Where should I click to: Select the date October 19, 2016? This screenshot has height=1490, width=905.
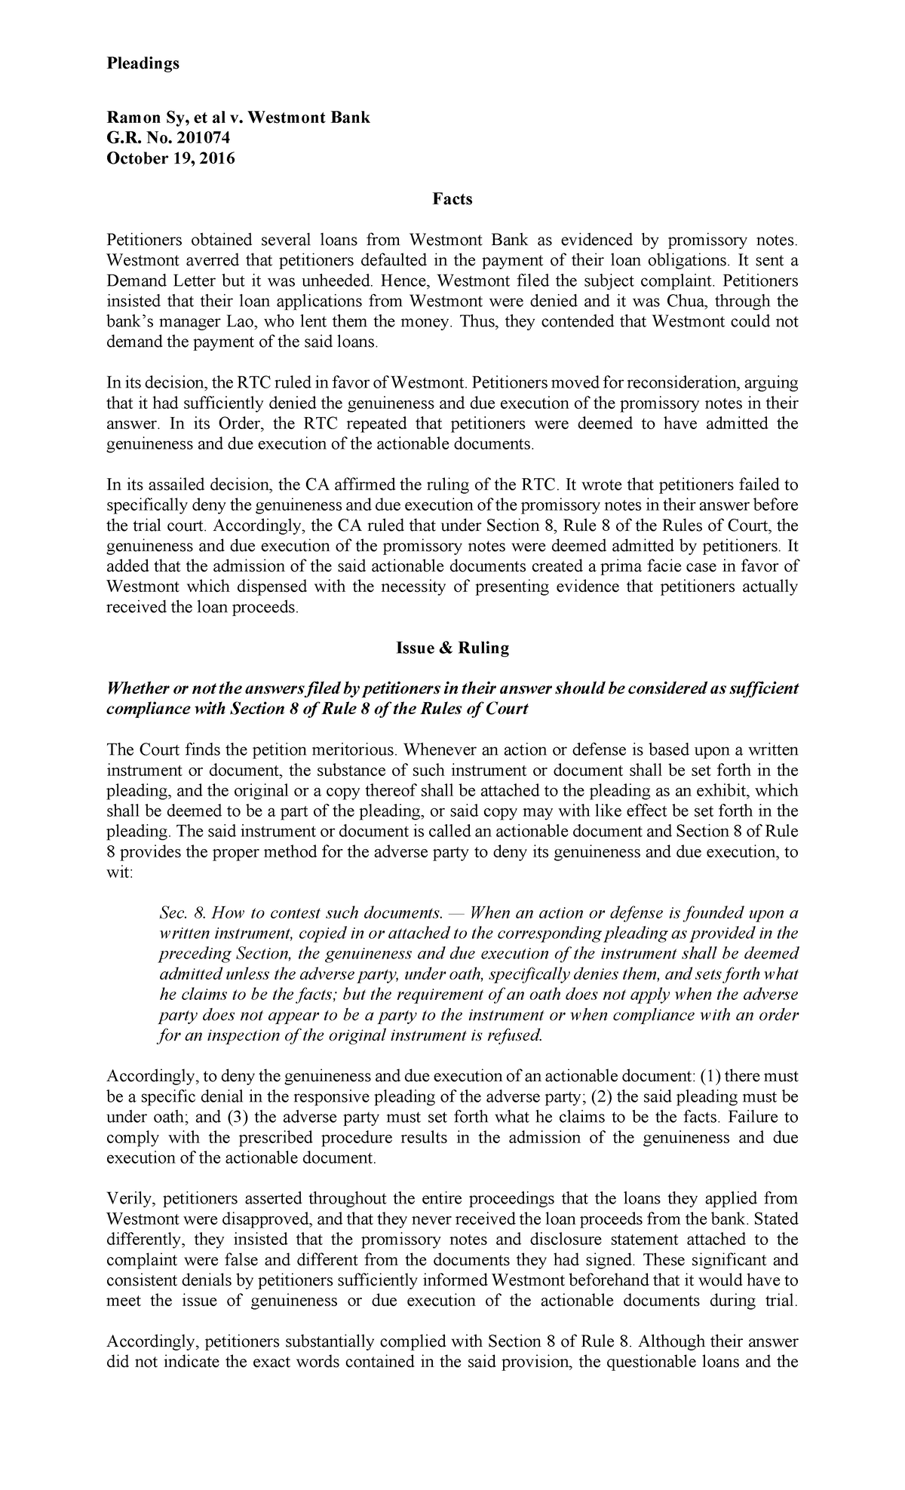170,158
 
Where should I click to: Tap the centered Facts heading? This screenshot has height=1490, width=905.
452,199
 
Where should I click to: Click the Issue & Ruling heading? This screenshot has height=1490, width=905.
452,648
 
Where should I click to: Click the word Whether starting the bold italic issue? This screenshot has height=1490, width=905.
138,689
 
